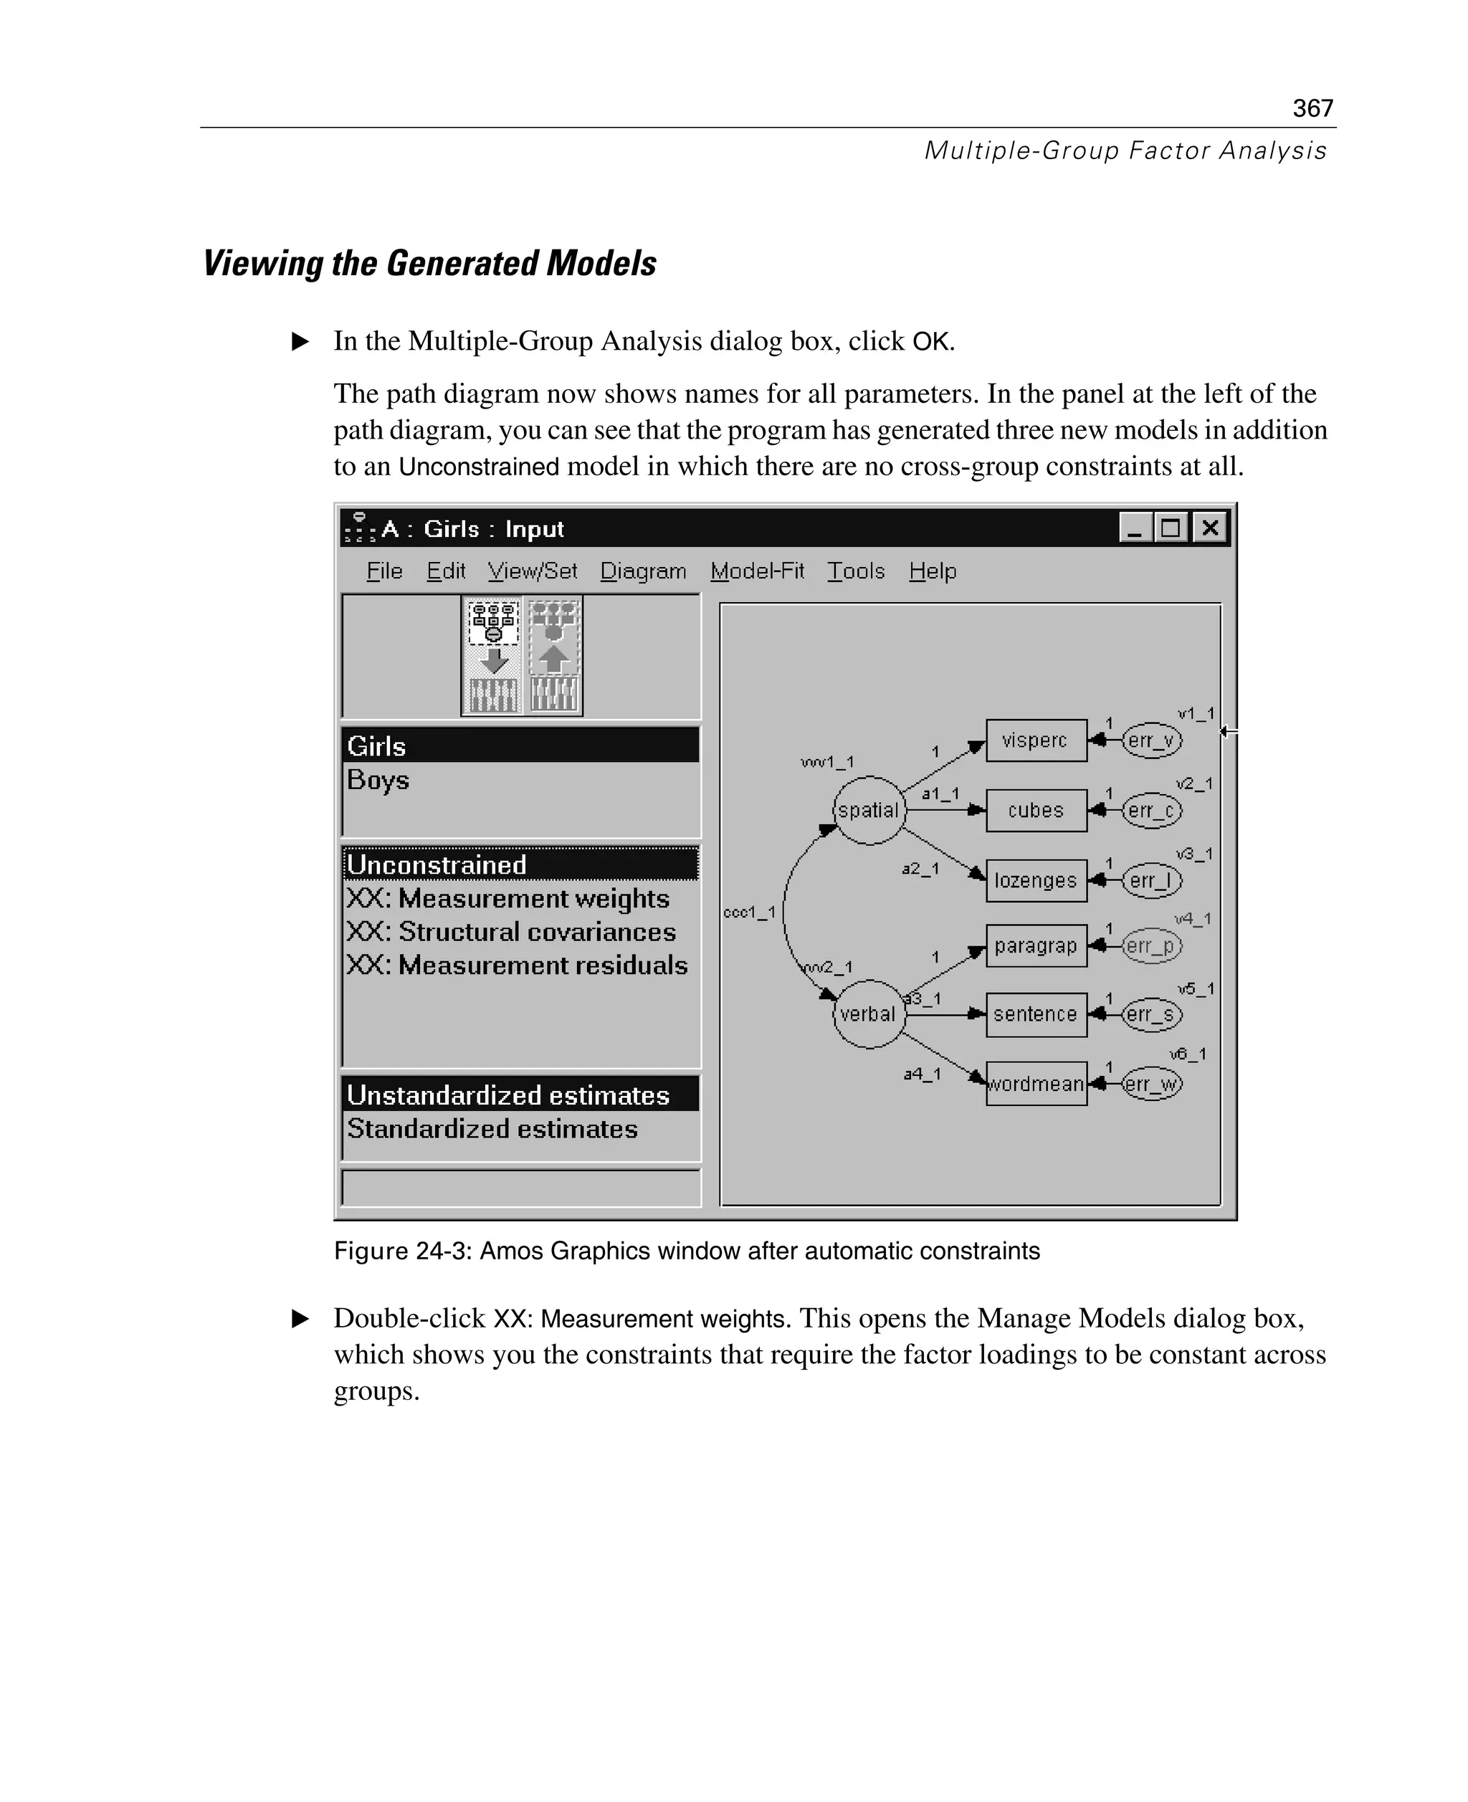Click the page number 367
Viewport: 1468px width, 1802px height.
click(1312, 108)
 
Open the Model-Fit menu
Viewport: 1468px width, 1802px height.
click(757, 571)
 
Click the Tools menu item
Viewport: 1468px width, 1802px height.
click(856, 571)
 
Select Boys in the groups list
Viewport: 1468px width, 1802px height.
click(378, 780)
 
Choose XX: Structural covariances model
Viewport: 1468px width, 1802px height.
click(511, 932)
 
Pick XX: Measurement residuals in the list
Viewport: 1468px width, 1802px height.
click(517, 966)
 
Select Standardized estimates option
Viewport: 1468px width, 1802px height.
click(492, 1129)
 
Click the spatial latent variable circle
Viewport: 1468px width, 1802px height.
click(869, 810)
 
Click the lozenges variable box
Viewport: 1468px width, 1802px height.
click(1036, 880)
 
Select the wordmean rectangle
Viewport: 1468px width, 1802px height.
click(1036, 1084)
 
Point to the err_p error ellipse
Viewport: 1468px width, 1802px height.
click(1152, 945)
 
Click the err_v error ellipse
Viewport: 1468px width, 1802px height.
click(1152, 740)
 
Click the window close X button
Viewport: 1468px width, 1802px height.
click(1210, 528)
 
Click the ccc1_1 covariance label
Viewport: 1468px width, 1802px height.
click(749, 912)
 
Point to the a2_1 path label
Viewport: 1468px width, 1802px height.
click(920, 869)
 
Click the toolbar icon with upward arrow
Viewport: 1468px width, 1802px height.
click(554, 656)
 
